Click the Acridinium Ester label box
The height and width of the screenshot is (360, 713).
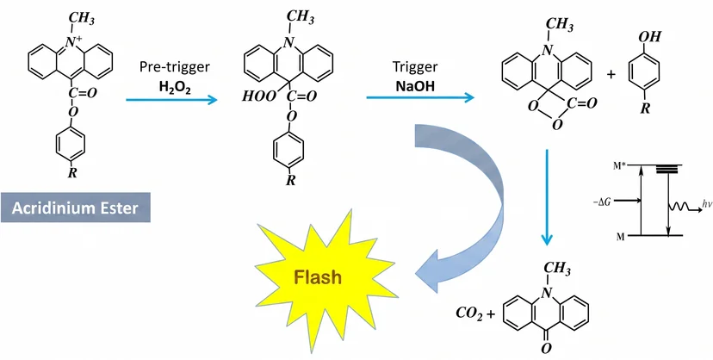pos(76,208)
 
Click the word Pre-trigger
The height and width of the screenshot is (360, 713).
pos(175,67)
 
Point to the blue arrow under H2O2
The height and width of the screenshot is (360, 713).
pos(172,100)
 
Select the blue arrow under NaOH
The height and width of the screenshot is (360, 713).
pos(420,97)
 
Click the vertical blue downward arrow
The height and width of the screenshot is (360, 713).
pos(546,196)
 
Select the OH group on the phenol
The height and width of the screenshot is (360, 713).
pos(651,37)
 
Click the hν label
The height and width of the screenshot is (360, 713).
pos(706,206)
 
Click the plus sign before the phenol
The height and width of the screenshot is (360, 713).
pos(611,75)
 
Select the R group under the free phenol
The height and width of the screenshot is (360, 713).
pos(644,109)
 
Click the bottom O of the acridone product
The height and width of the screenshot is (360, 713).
pos(546,349)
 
